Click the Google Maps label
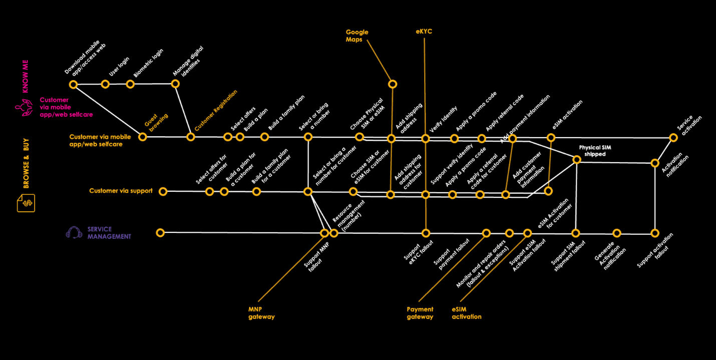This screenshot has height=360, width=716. pyautogui.click(x=357, y=36)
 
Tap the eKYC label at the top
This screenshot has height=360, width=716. pyautogui.click(x=424, y=32)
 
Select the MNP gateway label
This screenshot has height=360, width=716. pyautogui.click(x=261, y=313)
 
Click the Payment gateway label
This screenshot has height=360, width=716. pyautogui.click(x=420, y=313)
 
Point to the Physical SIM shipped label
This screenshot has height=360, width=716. pyautogui.click(x=595, y=151)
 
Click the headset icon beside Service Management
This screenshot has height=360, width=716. pyautogui.click(x=74, y=233)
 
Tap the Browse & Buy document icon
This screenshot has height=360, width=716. pyautogui.click(x=26, y=203)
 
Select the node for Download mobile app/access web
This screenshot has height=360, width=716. pyautogui.click(x=74, y=84)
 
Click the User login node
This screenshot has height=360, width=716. pyautogui.click(x=105, y=84)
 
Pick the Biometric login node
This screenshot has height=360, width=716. pyautogui.click(x=130, y=84)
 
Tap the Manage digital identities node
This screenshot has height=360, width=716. pyautogui.click(x=175, y=84)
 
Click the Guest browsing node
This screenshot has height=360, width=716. pyautogui.click(x=142, y=137)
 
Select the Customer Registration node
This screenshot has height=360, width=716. pyautogui.click(x=190, y=137)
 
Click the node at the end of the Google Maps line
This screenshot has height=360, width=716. pyautogui.click(x=393, y=84)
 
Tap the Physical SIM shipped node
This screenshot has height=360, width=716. pyautogui.click(x=576, y=160)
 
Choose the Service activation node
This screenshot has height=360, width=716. pyautogui.click(x=674, y=137)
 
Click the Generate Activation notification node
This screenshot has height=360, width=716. pyautogui.click(x=617, y=233)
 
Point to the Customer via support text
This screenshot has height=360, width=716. pyautogui.click(x=121, y=191)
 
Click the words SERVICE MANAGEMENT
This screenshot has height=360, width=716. pyautogui.click(x=109, y=233)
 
